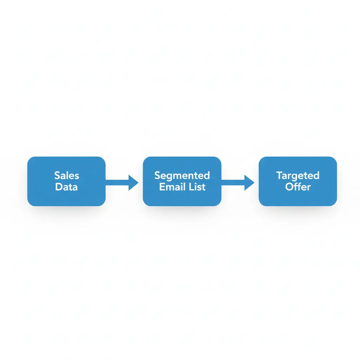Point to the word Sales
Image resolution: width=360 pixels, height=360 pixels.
[66, 175]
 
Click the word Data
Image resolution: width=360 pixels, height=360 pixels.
[66, 187]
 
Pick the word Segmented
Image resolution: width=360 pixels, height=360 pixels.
[182, 175]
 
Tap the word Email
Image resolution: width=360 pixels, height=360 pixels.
[172, 187]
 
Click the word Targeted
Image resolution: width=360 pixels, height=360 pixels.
[298, 175]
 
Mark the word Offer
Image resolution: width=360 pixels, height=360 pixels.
[298, 187]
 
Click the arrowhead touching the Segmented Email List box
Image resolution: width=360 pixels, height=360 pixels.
[133, 182]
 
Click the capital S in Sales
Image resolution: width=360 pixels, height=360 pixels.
[57, 175]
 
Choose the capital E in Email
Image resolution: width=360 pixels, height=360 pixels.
[162, 187]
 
